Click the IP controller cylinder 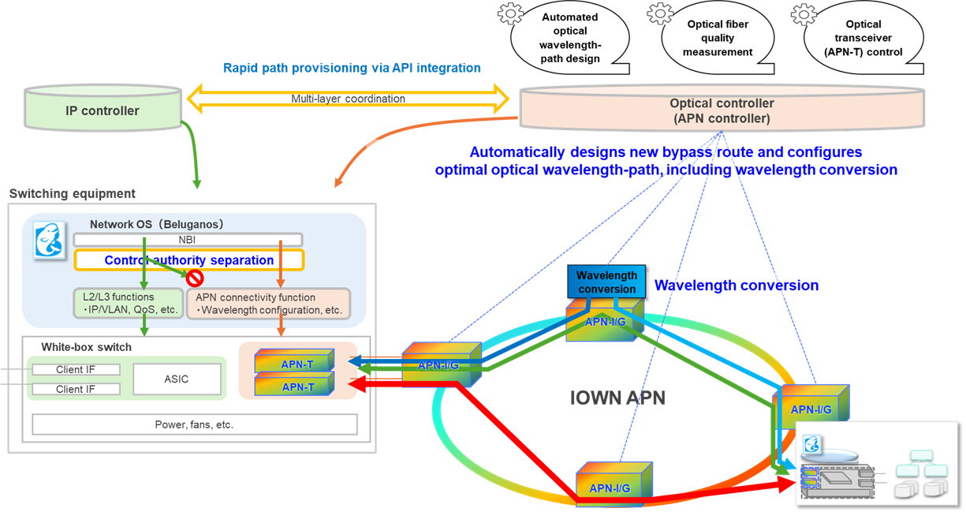[103, 110]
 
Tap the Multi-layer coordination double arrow [348, 99]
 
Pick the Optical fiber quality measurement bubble [717, 38]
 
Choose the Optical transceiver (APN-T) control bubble [863, 38]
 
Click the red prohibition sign [194, 278]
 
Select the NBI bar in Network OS [188, 240]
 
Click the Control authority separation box [188, 260]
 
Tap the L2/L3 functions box [125, 304]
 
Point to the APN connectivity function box [268, 304]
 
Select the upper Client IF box [75, 369]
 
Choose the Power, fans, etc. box [194, 424]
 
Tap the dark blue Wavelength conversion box [606, 282]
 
